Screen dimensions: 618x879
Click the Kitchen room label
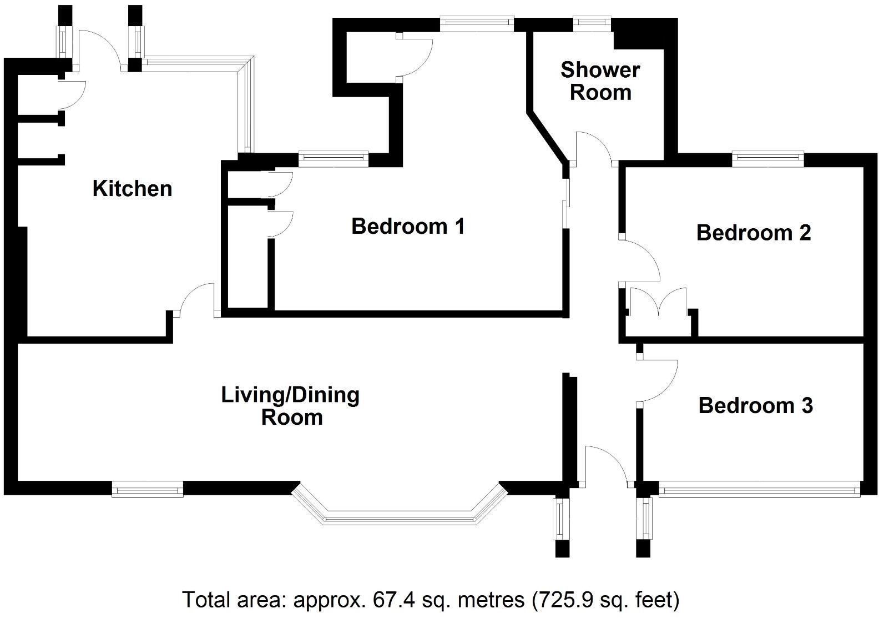132,188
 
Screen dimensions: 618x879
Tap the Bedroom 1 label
408,226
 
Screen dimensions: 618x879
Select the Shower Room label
600,81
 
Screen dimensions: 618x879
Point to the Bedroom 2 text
753,232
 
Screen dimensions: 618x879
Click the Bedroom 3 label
755,405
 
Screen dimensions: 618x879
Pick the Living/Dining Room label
291,406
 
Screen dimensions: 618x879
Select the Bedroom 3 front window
759,490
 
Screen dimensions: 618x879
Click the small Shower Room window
592,23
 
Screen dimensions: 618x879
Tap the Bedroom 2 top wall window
767,159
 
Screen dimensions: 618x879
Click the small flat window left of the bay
147,490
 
